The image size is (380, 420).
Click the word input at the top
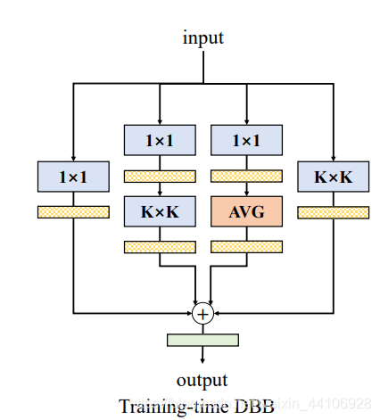(x=202, y=37)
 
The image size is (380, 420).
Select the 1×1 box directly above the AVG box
(x=245, y=141)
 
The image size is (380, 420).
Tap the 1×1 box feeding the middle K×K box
(x=159, y=141)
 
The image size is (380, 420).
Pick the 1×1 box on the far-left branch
(x=73, y=177)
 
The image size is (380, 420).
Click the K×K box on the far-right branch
(x=333, y=177)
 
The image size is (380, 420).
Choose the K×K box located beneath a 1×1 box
(x=159, y=211)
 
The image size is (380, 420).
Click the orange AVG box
(x=245, y=211)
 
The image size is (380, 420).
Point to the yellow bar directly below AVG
(x=245, y=246)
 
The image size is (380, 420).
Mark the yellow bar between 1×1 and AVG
(x=245, y=176)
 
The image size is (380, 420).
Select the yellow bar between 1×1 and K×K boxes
(x=159, y=176)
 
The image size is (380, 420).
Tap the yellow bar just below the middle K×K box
(x=159, y=246)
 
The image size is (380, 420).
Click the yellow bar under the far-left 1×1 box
(x=73, y=211)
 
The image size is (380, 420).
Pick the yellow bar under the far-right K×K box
(x=333, y=211)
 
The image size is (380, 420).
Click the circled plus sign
(x=202, y=313)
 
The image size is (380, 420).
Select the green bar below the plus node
(x=202, y=340)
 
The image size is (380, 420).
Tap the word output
(x=202, y=379)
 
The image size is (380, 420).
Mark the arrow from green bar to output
(x=202, y=356)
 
